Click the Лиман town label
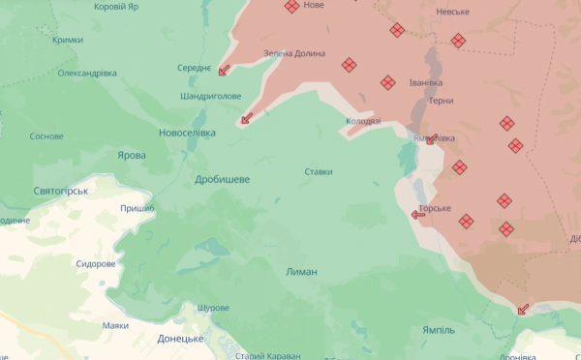(302, 272)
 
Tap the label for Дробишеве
(222, 179)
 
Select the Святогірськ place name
(61, 192)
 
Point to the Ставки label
(319, 172)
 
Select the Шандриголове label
(211, 96)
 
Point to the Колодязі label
(363, 122)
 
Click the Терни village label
(442, 100)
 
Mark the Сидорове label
(96, 263)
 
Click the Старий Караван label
(266, 355)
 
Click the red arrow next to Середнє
(224, 70)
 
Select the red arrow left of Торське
(417, 214)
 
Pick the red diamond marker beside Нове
(291, 7)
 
